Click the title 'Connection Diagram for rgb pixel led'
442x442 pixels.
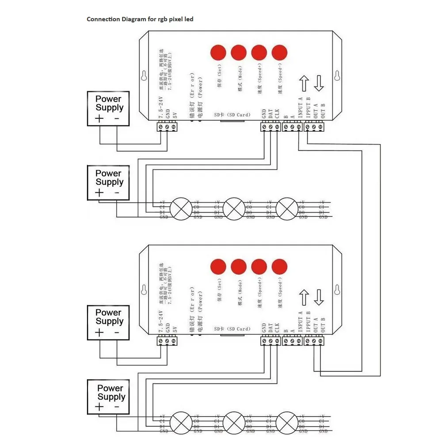click(x=140, y=19)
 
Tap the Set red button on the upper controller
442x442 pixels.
click(x=218, y=53)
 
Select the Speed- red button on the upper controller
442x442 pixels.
click(x=279, y=53)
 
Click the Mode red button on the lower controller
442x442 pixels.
click(x=239, y=267)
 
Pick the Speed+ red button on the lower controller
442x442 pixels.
click(x=259, y=267)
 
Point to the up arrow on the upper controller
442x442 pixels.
click(x=304, y=84)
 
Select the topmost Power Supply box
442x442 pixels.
click(x=108, y=109)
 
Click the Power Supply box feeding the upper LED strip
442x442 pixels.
click(x=108, y=183)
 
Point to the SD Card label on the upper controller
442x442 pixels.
click(x=232, y=115)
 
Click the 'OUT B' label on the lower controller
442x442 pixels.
click(x=323, y=325)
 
